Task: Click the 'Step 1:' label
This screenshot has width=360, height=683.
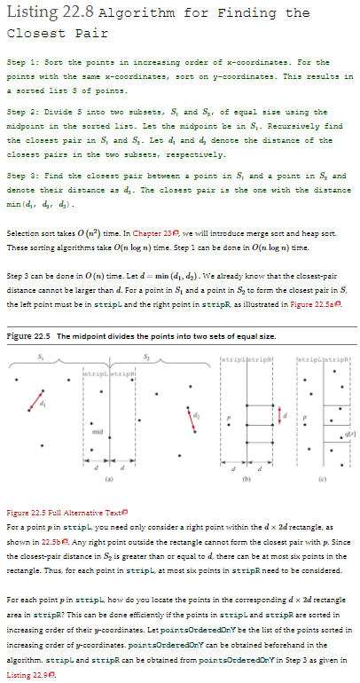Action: [x=24, y=62]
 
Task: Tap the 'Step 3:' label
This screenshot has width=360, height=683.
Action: [x=24, y=177]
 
